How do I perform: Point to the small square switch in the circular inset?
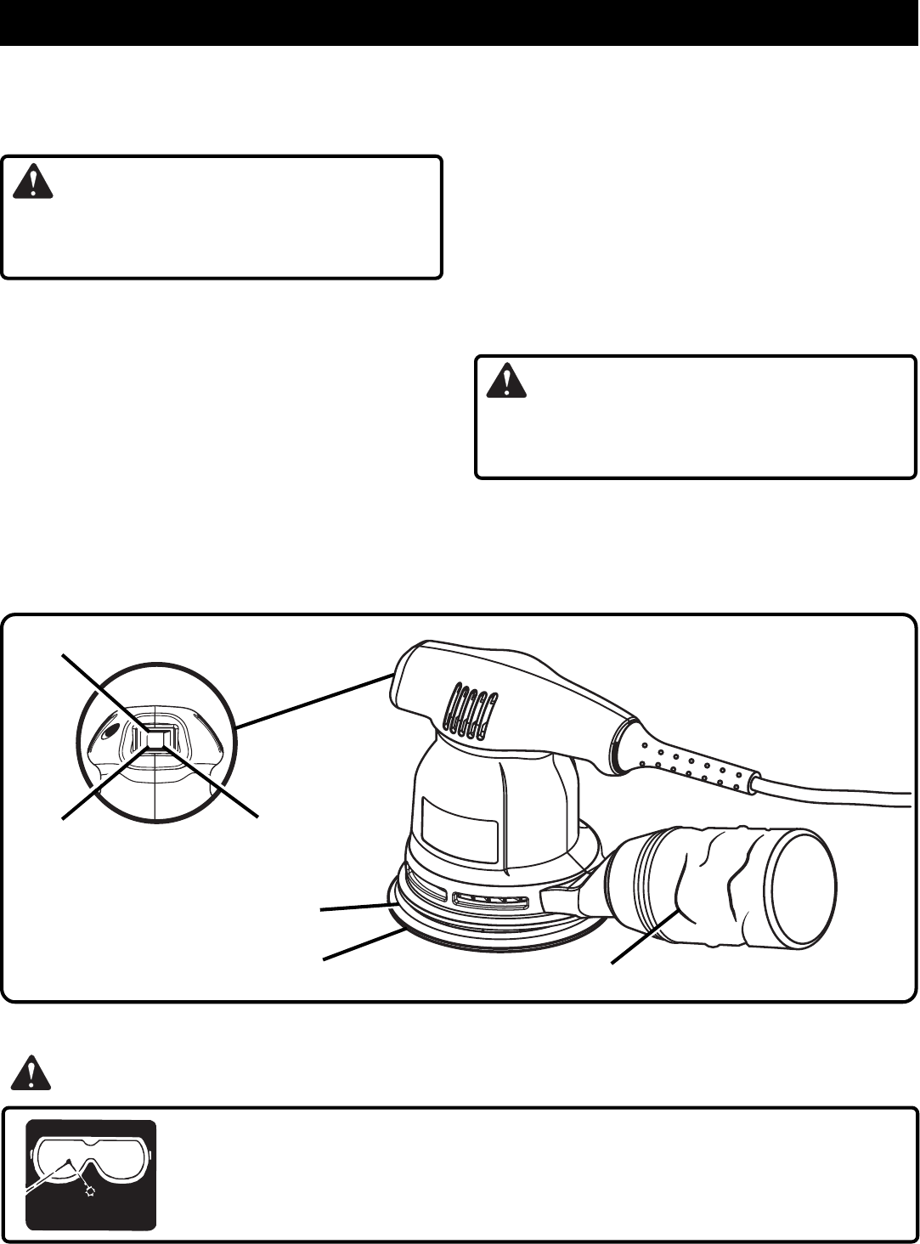coord(156,740)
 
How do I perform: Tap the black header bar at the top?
coord(459,22)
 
